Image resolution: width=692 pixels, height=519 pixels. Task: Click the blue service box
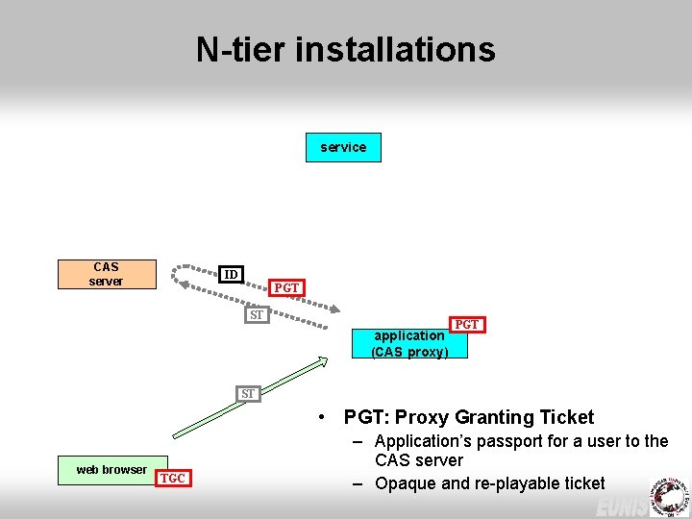(x=343, y=147)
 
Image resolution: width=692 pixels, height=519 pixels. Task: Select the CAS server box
(x=106, y=274)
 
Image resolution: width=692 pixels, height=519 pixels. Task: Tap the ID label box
(x=230, y=275)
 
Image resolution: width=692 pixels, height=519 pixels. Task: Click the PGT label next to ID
(x=286, y=287)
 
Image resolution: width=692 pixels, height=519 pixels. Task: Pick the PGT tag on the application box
(x=466, y=325)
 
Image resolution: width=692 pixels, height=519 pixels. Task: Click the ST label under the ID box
(x=257, y=315)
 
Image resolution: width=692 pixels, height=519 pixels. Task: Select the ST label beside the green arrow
(x=249, y=393)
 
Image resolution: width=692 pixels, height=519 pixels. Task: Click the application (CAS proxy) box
(x=409, y=344)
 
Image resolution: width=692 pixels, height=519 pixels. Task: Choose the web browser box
(x=112, y=469)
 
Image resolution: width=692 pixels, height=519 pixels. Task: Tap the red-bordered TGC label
(x=173, y=478)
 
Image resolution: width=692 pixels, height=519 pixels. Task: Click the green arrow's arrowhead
(x=322, y=362)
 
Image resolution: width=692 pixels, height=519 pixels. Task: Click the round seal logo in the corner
(x=669, y=495)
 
